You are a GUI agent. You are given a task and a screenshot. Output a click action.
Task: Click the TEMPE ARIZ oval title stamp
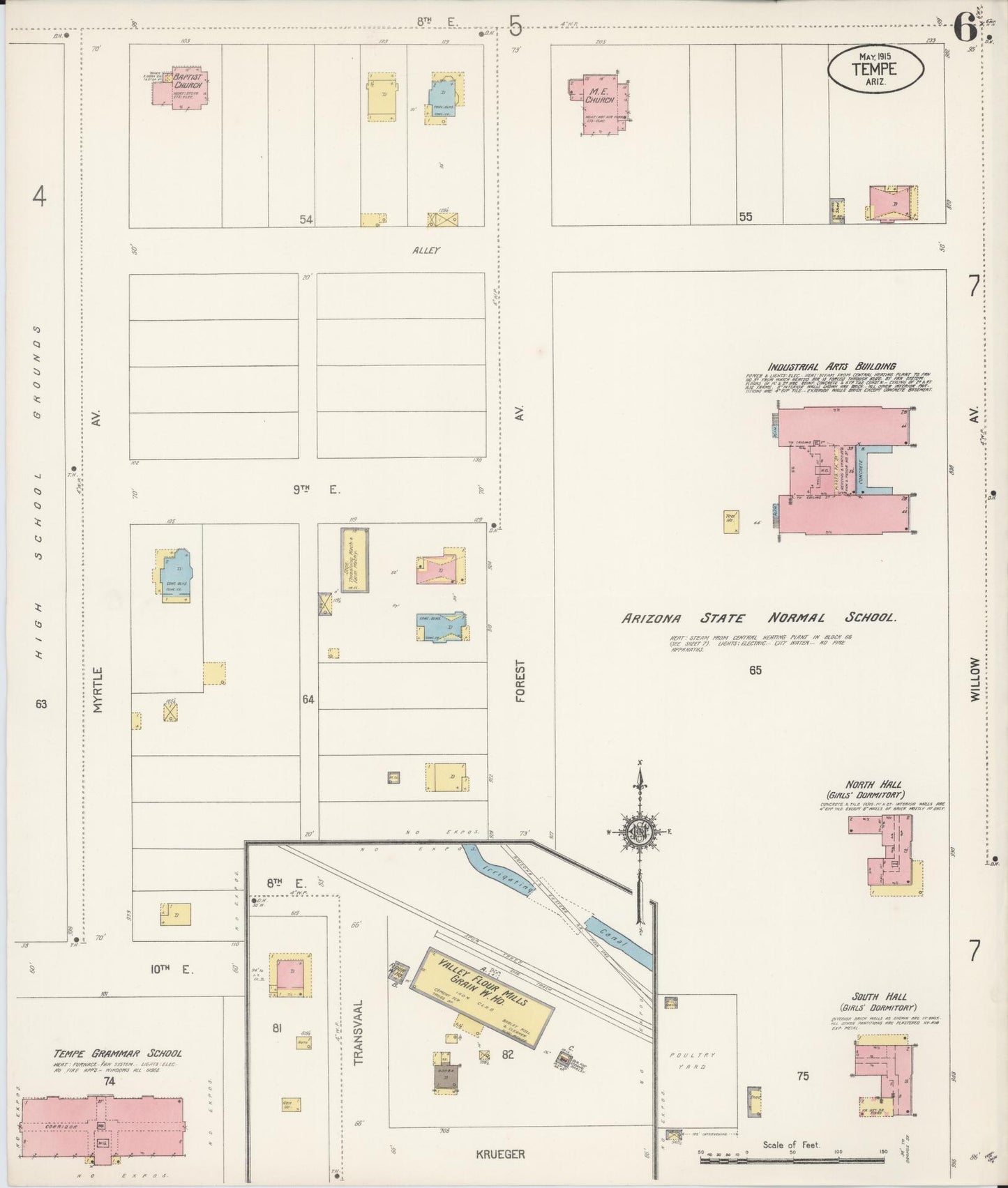coord(876,68)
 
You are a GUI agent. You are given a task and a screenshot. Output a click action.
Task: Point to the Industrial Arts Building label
coord(832,367)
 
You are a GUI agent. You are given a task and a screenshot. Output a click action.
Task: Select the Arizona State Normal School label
coord(758,618)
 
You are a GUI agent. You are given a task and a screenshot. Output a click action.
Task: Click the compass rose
coord(639,831)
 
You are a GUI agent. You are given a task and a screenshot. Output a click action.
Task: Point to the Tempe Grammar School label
coord(117,1053)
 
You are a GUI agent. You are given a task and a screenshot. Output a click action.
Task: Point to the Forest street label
coord(520,682)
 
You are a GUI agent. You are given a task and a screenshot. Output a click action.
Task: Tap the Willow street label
coord(975,679)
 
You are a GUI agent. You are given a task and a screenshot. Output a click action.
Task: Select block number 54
coord(306,220)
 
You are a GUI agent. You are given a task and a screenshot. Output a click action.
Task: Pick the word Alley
coord(426,250)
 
